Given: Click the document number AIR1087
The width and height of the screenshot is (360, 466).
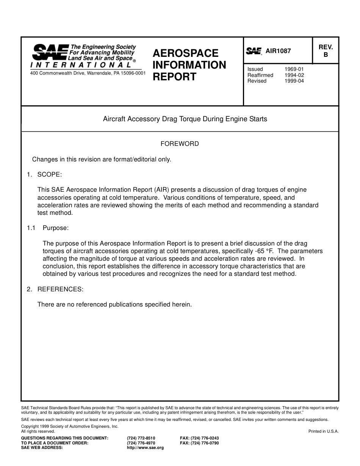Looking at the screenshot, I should pos(278,51).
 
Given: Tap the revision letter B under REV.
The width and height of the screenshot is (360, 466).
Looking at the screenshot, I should pos(326,55).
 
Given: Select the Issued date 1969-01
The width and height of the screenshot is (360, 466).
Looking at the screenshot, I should pos(294,69).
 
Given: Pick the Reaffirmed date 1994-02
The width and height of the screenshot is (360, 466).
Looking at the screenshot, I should pos(294,75).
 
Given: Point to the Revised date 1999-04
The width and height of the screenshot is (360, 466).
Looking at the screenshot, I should pos(294,81).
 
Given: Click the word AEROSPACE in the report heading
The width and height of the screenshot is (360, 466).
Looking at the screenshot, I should pos(186,53).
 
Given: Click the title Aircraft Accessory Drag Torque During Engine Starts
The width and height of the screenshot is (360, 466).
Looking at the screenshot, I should pos(185,119).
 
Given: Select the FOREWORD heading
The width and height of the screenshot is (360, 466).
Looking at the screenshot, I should pos(180,144).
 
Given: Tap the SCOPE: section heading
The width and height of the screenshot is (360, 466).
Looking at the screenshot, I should pos(49,174).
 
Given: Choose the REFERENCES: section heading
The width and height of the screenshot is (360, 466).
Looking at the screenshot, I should pos(60,289).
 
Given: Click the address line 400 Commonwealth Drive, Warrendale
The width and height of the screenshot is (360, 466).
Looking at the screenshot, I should pos(88,73).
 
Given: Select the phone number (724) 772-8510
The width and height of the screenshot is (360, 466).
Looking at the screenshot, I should pos(141,438).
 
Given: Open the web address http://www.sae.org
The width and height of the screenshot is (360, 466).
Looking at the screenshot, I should pos(146,447).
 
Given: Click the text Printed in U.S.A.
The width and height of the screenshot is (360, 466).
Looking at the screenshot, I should pos(323,431).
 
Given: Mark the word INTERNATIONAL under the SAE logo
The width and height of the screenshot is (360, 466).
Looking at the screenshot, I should pos(81,65).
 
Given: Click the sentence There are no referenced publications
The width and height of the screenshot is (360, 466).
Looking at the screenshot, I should pos(114,304).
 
